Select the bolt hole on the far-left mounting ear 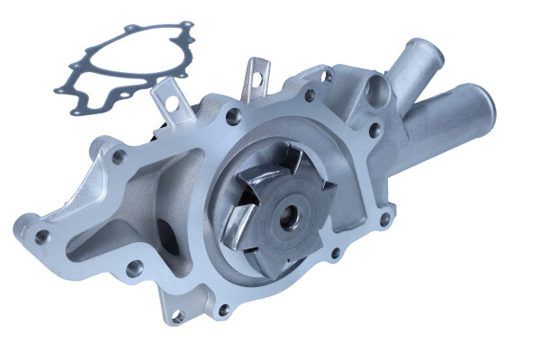tap(41, 236)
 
